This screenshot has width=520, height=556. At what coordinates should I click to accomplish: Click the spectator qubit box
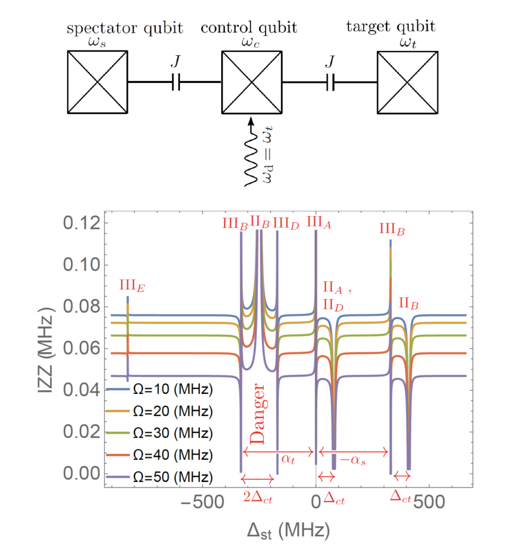(x=97, y=82)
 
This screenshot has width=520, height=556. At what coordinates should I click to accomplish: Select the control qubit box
(x=251, y=82)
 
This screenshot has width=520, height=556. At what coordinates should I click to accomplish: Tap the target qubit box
(x=407, y=82)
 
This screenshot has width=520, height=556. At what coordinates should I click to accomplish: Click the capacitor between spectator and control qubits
(x=176, y=82)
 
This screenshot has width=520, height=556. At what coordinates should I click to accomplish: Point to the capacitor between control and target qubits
(x=330, y=82)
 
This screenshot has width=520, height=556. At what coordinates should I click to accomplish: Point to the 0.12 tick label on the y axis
(x=82, y=223)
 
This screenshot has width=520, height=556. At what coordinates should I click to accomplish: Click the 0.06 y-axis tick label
(x=82, y=348)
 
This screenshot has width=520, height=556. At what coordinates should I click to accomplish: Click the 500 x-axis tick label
(x=429, y=502)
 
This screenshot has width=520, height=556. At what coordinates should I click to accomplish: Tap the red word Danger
(x=257, y=414)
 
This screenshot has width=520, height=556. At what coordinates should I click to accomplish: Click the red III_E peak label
(x=132, y=286)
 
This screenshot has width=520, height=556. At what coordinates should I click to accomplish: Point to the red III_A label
(x=319, y=223)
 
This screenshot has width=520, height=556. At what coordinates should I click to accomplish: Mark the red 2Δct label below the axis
(x=258, y=498)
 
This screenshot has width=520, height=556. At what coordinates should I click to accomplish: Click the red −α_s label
(x=353, y=460)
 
